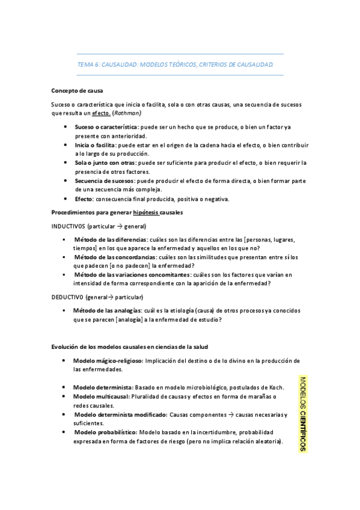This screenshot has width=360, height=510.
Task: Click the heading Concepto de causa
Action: pyautogui.click(x=77, y=91)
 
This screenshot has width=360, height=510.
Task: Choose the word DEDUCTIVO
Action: pyautogui.click(x=67, y=297)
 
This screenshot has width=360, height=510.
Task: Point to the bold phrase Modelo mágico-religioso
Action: pyautogui.click(x=108, y=361)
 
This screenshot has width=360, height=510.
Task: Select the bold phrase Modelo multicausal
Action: pyautogui.click(x=102, y=397)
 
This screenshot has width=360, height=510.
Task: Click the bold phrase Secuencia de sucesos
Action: pyautogui.click(x=105, y=180)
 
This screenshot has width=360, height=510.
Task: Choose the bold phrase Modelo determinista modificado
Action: pyautogui.click(x=120, y=415)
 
